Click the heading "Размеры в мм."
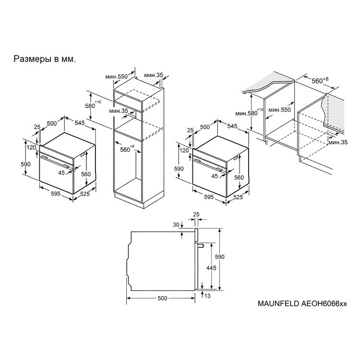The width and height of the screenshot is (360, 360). pyautogui.click(x=45, y=59)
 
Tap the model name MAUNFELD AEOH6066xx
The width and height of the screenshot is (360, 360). pyautogui.click(x=302, y=303)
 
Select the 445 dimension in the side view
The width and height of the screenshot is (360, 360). pyautogui.click(x=211, y=268)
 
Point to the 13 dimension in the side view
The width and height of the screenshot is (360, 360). pyautogui.click(x=207, y=296)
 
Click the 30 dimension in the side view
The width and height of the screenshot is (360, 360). pyautogui.click(x=176, y=225)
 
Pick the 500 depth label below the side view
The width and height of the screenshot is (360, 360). pyautogui.click(x=163, y=298)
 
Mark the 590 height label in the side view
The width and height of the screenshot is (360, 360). pyautogui.click(x=219, y=257)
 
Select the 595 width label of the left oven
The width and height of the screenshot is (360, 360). pyautogui.click(x=56, y=193)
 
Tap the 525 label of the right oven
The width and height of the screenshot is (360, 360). pyautogui.click(x=238, y=197)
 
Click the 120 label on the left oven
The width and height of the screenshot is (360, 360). pyautogui.click(x=32, y=147)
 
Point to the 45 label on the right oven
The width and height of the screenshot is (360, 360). pyautogui.click(x=215, y=176)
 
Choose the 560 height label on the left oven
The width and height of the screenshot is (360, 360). pyautogui.click(x=86, y=174)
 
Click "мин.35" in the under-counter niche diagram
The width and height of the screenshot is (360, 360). pyautogui.click(x=338, y=143)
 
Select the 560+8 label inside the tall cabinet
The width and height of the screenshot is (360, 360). pyautogui.click(x=127, y=149)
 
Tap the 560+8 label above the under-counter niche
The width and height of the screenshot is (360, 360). pyautogui.click(x=320, y=80)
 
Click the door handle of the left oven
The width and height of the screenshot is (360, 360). pyautogui.click(x=55, y=162)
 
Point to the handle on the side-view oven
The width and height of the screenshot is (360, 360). pyautogui.click(x=201, y=246)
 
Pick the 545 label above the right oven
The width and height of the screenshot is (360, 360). pyautogui.click(x=232, y=126)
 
